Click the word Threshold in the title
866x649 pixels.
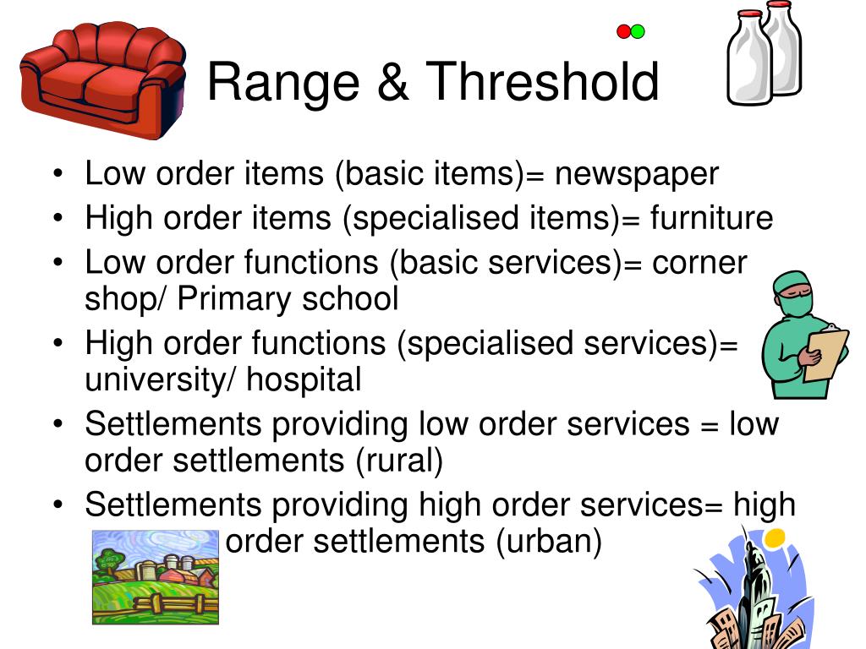(543, 82)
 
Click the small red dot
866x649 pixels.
(624, 32)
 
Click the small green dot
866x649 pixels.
(638, 32)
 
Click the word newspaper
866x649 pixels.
(637, 174)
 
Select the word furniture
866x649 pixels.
(711, 218)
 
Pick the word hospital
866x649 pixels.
(304, 379)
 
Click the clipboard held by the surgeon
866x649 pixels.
(825, 355)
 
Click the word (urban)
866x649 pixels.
(549, 541)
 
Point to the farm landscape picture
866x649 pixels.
(155, 577)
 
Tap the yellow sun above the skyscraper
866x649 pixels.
(774, 537)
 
